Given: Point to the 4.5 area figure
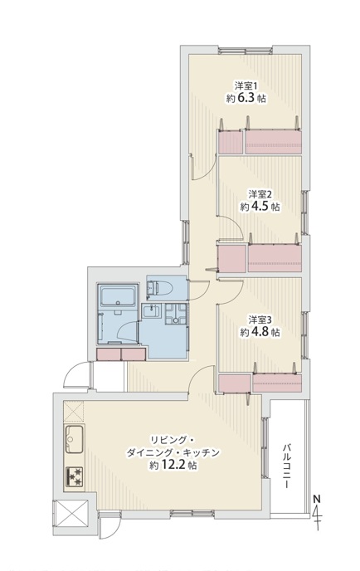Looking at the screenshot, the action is pos(260,206).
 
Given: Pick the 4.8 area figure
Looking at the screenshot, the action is pos(260,332).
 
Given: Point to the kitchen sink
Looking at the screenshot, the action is pos(74,439).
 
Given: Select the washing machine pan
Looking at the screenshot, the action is pos(176,314).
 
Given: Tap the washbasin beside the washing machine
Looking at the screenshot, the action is pos(151,312).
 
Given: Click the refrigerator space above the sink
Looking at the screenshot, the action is pos(74,412).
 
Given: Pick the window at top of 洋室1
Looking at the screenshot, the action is pos(245,51).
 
